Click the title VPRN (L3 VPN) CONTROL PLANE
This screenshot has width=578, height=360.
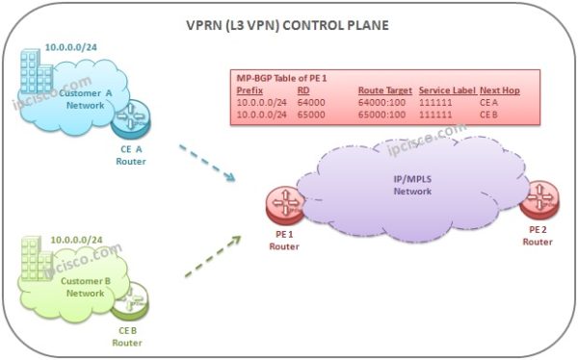click(290, 25)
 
